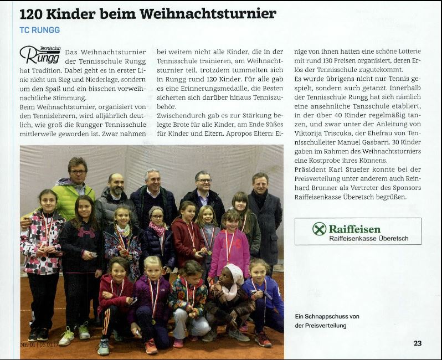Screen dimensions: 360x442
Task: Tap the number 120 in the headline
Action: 33,13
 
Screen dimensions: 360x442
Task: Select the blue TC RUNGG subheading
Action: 39,29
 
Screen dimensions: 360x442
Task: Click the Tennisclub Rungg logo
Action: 39,54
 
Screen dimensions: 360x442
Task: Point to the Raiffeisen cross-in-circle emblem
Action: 319,229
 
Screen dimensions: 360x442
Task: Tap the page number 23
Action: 418,343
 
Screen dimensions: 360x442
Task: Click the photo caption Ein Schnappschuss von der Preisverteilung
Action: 327,321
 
